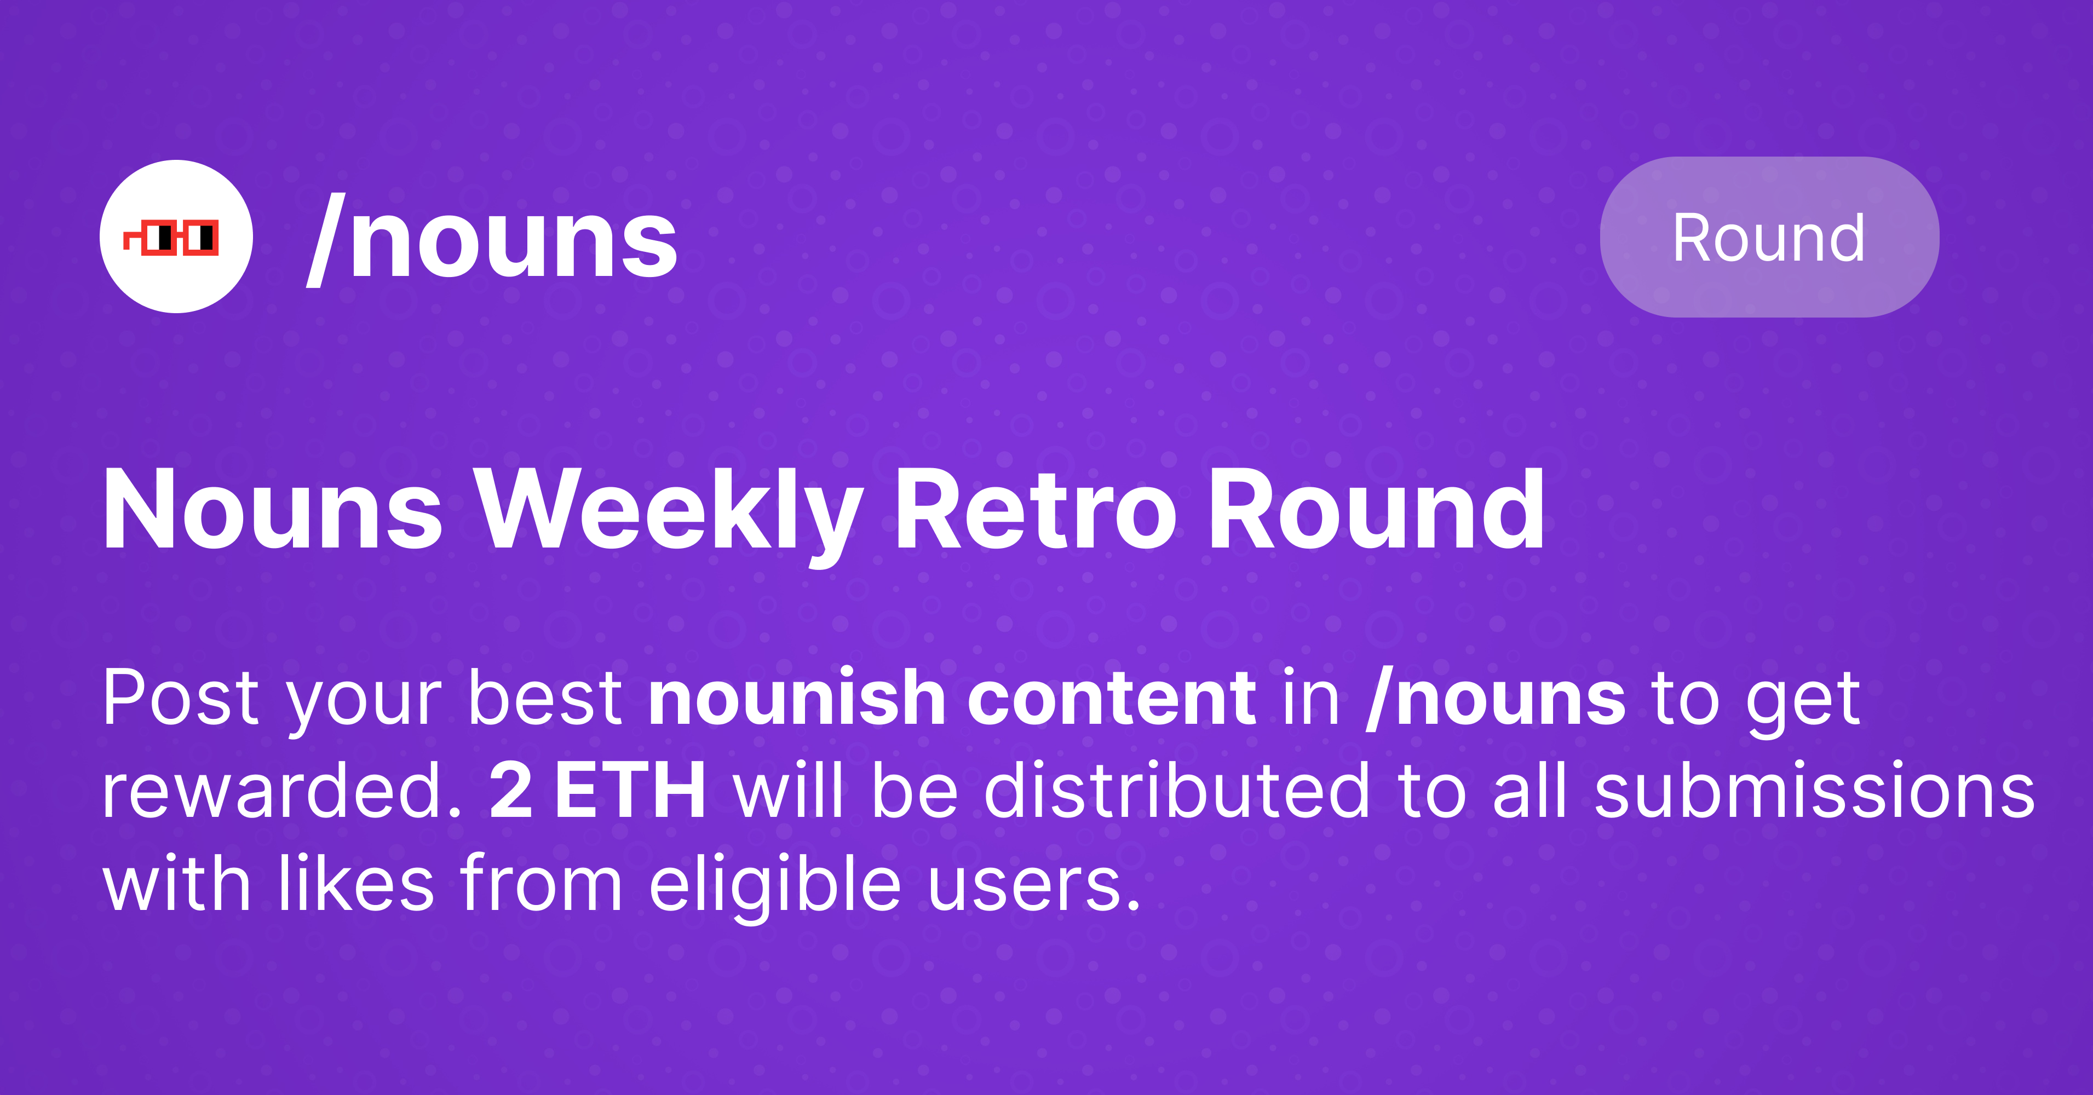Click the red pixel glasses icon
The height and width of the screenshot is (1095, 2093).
[x=171, y=237]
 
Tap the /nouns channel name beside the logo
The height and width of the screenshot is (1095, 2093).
[x=492, y=240]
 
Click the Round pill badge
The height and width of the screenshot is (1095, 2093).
[x=1769, y=237]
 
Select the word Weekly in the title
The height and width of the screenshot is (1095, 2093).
[x=668, y=512]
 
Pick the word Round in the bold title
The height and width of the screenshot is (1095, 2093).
[x=1376, y=512]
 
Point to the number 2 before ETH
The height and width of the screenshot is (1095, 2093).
[x=511, y=791]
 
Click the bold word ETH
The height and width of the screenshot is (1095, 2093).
[x=630, y=791]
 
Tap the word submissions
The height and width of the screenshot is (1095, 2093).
[x=1814, y=791]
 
